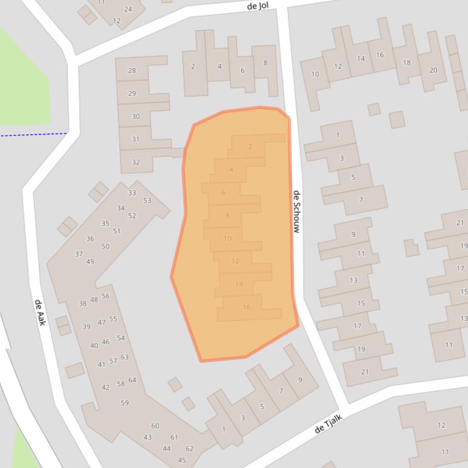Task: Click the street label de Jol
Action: pos(258,6)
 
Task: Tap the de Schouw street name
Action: pos(297,212)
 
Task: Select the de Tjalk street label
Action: pos(329,424)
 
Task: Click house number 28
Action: pos(131,71)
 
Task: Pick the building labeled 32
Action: pos(136,162)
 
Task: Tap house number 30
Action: pos(135,116)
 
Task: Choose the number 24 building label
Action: pos(128,9)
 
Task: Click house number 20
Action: pos(433,70)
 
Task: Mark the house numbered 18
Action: pos(407,63)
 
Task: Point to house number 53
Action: pos(147,201)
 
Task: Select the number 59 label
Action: pos(125,403)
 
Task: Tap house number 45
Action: pos(182,460)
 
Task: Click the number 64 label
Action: pos(132,380)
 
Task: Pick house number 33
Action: pos(132,193)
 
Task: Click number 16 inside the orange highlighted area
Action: pos(246,308)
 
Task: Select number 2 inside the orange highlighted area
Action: pos(250,146)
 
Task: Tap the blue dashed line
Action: pos(33,134)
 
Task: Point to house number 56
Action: pos(105,296)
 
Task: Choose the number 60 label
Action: pos(155,426)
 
